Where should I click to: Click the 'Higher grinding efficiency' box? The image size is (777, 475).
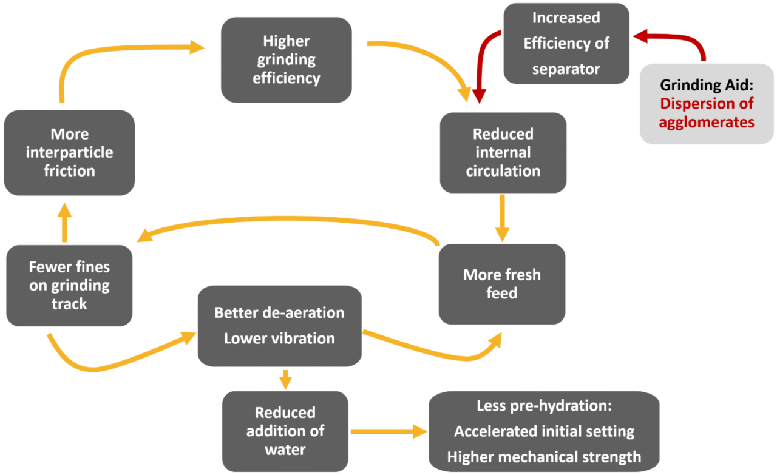click(x=286, y=59)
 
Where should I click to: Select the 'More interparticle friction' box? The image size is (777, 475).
click(x=69, y=152)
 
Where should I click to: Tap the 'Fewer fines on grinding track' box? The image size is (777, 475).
click(x=69, y=285)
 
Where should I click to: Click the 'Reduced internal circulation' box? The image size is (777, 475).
click(x=503, y=152)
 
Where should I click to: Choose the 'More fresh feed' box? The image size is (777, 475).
click(x=501, y=284)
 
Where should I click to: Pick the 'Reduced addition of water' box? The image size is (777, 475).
click(x=285, y=431)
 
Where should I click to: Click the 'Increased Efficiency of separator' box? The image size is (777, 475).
click(x=566, y=43)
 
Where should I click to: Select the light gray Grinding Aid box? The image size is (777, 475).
click(x=707, y=104)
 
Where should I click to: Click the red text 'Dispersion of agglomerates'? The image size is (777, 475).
click(x=707, y=113)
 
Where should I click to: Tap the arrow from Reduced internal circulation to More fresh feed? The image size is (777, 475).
click(x=501, y=217)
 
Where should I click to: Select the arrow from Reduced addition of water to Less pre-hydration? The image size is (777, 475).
click(x=388, y=431)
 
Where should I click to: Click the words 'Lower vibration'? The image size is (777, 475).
click(x=279, y=339)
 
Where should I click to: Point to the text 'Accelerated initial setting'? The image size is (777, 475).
click(x=544, y=431)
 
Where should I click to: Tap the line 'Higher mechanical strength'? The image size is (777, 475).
click(x=544, y=457)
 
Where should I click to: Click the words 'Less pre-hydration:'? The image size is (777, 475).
click(x=544, y=406)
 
